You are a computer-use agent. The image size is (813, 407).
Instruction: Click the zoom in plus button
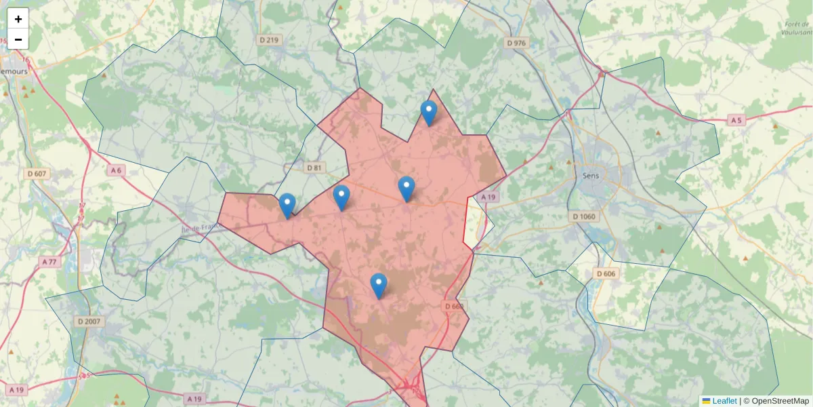18,19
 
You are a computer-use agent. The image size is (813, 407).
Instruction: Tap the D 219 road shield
269,40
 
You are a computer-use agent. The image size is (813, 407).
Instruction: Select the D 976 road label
516,43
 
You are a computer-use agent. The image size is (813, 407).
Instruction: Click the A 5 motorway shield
736,120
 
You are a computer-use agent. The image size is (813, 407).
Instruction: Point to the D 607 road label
38,174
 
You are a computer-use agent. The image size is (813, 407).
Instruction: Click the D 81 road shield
314,168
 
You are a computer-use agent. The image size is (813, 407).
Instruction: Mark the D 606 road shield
606,273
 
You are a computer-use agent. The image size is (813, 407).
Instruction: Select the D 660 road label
455,307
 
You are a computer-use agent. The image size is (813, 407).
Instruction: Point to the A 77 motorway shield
49,261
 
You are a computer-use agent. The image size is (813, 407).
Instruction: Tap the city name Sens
591,175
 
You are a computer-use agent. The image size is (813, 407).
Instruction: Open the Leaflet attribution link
724,401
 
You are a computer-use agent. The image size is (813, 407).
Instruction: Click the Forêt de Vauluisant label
795,27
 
